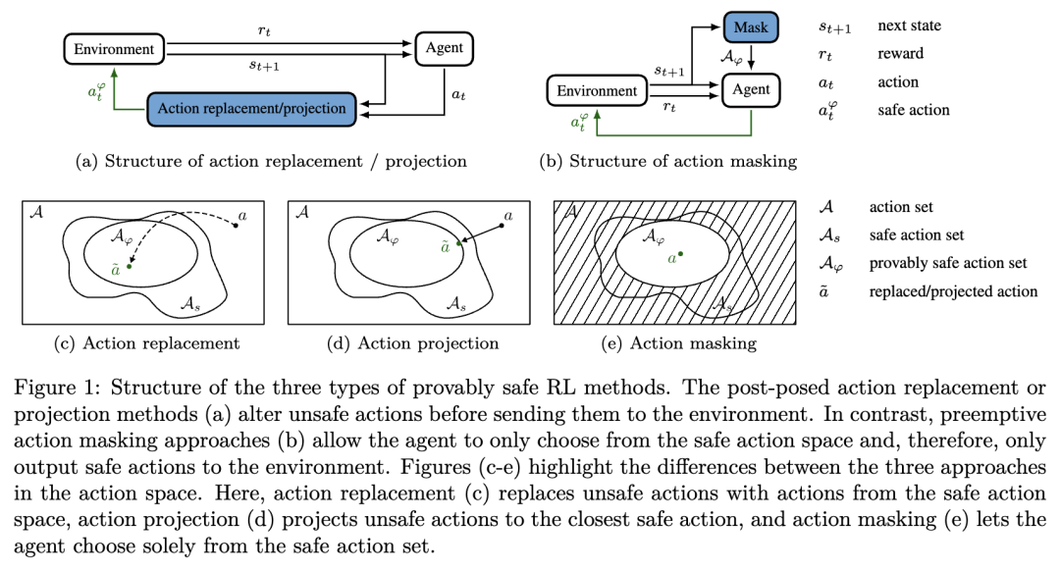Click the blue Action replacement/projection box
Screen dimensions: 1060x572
point(251,109)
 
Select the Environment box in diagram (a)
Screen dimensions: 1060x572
point(114,49)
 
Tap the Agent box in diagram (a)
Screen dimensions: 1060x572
point(445,48)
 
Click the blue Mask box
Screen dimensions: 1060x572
point(751,27)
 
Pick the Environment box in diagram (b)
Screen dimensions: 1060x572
point(597,90)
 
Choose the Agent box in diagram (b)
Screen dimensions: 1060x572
point(751,90)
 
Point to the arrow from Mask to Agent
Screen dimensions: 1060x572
point(751,58)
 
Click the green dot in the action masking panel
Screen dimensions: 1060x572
point(681,254)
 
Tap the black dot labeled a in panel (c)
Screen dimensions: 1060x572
point(236,225)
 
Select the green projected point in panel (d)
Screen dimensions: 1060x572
point(458,242)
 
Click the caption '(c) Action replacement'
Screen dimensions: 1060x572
point(146,343)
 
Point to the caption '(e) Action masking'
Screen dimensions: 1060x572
point(679,343)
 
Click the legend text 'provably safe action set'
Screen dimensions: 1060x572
point(948,263)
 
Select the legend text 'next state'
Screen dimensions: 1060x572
point(909,26)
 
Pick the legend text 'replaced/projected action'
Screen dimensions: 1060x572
point(953,291)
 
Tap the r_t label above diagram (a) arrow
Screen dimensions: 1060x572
point(264,31)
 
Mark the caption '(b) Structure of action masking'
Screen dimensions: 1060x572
point(668,161)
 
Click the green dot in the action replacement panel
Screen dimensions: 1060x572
point(130,267)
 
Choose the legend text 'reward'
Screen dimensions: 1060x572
point(900,53)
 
